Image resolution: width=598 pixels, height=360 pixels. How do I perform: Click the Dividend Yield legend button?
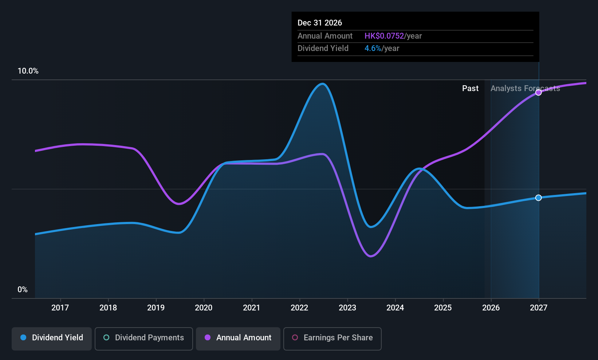tap(52, 338)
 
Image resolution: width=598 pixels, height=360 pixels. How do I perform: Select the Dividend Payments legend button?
tap(144, 338)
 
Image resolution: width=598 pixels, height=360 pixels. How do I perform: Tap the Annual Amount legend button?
tap(238, 338)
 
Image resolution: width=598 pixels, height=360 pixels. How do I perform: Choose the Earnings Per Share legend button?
tap(332, 338)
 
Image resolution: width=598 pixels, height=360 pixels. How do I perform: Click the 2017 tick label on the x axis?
tap(60, 308)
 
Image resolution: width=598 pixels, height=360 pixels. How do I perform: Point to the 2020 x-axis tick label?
tap(204, 308)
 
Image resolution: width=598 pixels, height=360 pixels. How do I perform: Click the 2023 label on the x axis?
tap(347, 308)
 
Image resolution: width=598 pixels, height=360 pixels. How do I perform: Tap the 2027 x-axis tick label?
tap(538, 308)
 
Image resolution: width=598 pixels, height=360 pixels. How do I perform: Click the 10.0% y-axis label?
tap(28, 71)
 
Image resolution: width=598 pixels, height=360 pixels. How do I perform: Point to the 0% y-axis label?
tap(23, 290)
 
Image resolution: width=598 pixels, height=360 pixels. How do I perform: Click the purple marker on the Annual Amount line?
tap(538, 93)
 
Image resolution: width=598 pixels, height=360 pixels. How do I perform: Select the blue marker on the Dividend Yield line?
tap(538, 198)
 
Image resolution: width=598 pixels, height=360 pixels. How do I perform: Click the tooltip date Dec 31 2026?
tap(320, 23)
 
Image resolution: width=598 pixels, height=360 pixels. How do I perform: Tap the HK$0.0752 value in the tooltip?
tap(384, 36)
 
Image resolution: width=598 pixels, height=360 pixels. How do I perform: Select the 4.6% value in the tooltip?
tap(373, 48)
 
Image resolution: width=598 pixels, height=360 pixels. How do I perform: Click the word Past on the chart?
tap(470, 89)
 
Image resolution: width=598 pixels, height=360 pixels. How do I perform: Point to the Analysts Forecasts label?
tap(525, 89)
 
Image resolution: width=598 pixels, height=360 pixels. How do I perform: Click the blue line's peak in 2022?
tap(323, 84)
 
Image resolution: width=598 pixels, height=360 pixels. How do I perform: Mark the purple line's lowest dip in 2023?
tap(371, 256)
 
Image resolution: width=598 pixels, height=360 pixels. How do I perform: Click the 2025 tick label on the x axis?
tap(443, 308)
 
